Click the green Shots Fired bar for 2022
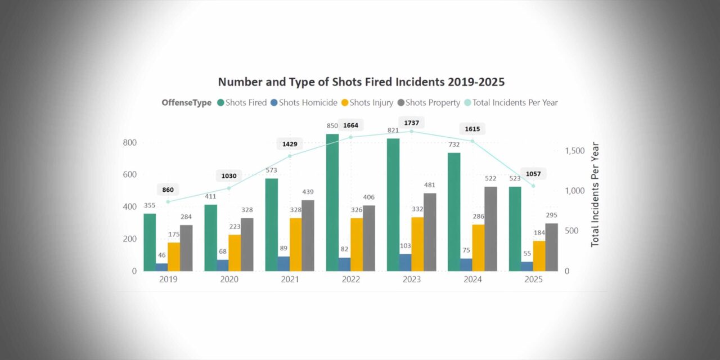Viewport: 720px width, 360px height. click(x=332, y=202)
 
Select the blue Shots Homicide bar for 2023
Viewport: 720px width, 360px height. click(x=404, y=263)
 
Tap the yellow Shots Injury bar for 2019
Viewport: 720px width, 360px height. click(x=174, y=256)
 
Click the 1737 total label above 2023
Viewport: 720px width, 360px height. click(x=411, y=123)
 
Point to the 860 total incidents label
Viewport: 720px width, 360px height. click(x=168, y=190)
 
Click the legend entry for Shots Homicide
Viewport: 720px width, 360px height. click(x=304, y=102)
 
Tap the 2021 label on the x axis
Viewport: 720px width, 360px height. click(x=290, y=280)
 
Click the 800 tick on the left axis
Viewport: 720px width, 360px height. click(x=129, y=142)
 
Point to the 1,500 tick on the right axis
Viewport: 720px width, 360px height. click(x=574, y=151)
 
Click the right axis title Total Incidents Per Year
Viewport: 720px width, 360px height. click(x=595, y=194)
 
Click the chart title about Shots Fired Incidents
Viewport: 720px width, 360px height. click(x=361, y=82)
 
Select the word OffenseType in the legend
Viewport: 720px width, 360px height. click(x=186, y=102)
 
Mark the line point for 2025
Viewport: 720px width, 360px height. click(x=533, y=186)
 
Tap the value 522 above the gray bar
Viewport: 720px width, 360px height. click(x=490, y=178)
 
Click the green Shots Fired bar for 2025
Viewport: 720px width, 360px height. click(x=515, y=228)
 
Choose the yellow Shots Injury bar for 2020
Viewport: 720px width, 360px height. click(x=235, y=253)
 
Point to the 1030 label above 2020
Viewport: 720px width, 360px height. click(x=229, y=175)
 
